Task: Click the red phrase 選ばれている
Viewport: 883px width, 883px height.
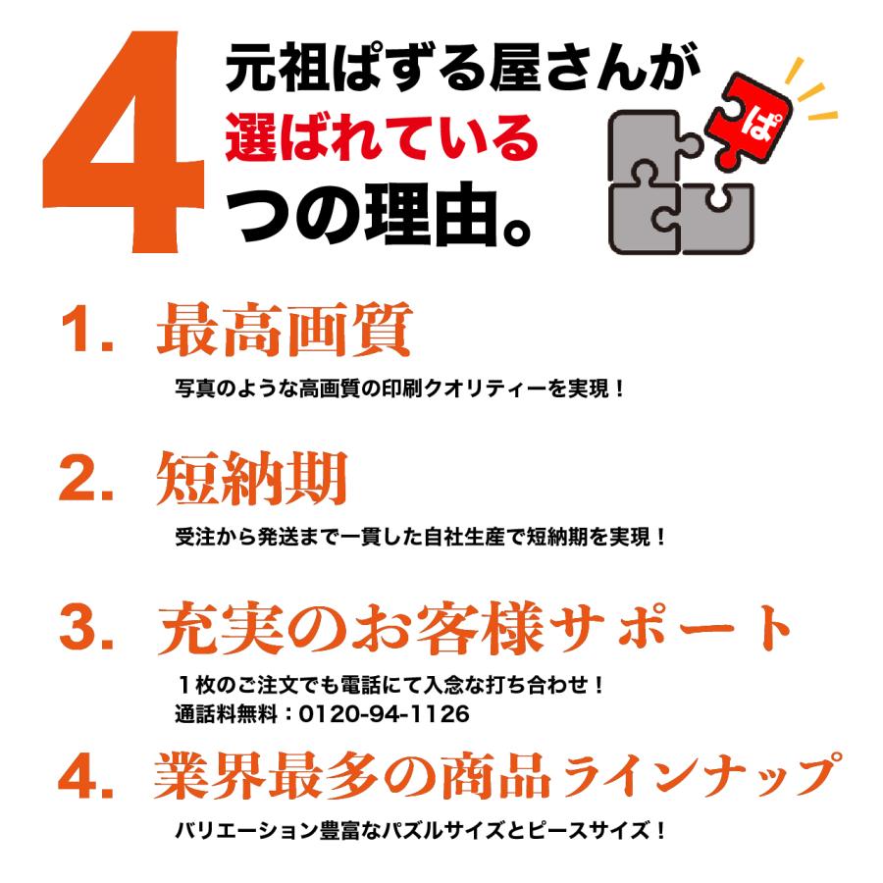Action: (x=382, y=138)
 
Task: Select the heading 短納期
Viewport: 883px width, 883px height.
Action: (x=252, y=479)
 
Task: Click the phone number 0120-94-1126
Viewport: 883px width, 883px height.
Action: (x=384, y=714)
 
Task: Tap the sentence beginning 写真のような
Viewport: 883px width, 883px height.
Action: (x=400, y=389)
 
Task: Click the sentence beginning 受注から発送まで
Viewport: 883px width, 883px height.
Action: (x=420, y=538)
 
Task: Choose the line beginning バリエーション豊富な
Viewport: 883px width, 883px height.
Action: (x=420, y=830)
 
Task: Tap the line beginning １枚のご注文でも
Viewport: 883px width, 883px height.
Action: (x=390, y=685)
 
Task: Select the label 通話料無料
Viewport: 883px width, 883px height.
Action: (x=227, y=714)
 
